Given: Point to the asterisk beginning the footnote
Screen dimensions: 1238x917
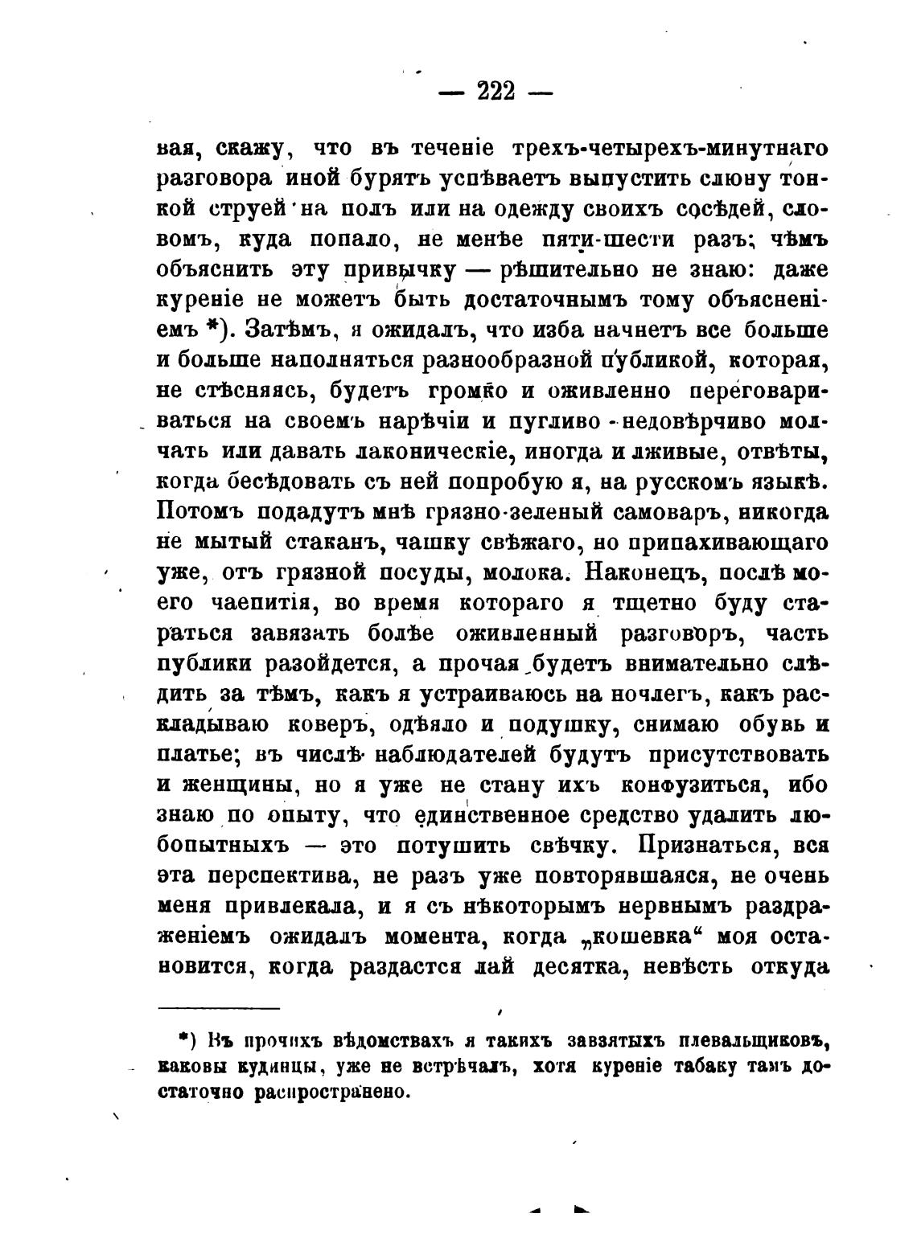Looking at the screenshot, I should (183, 1039).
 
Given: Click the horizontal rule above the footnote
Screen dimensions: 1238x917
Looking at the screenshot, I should (219, 1007).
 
